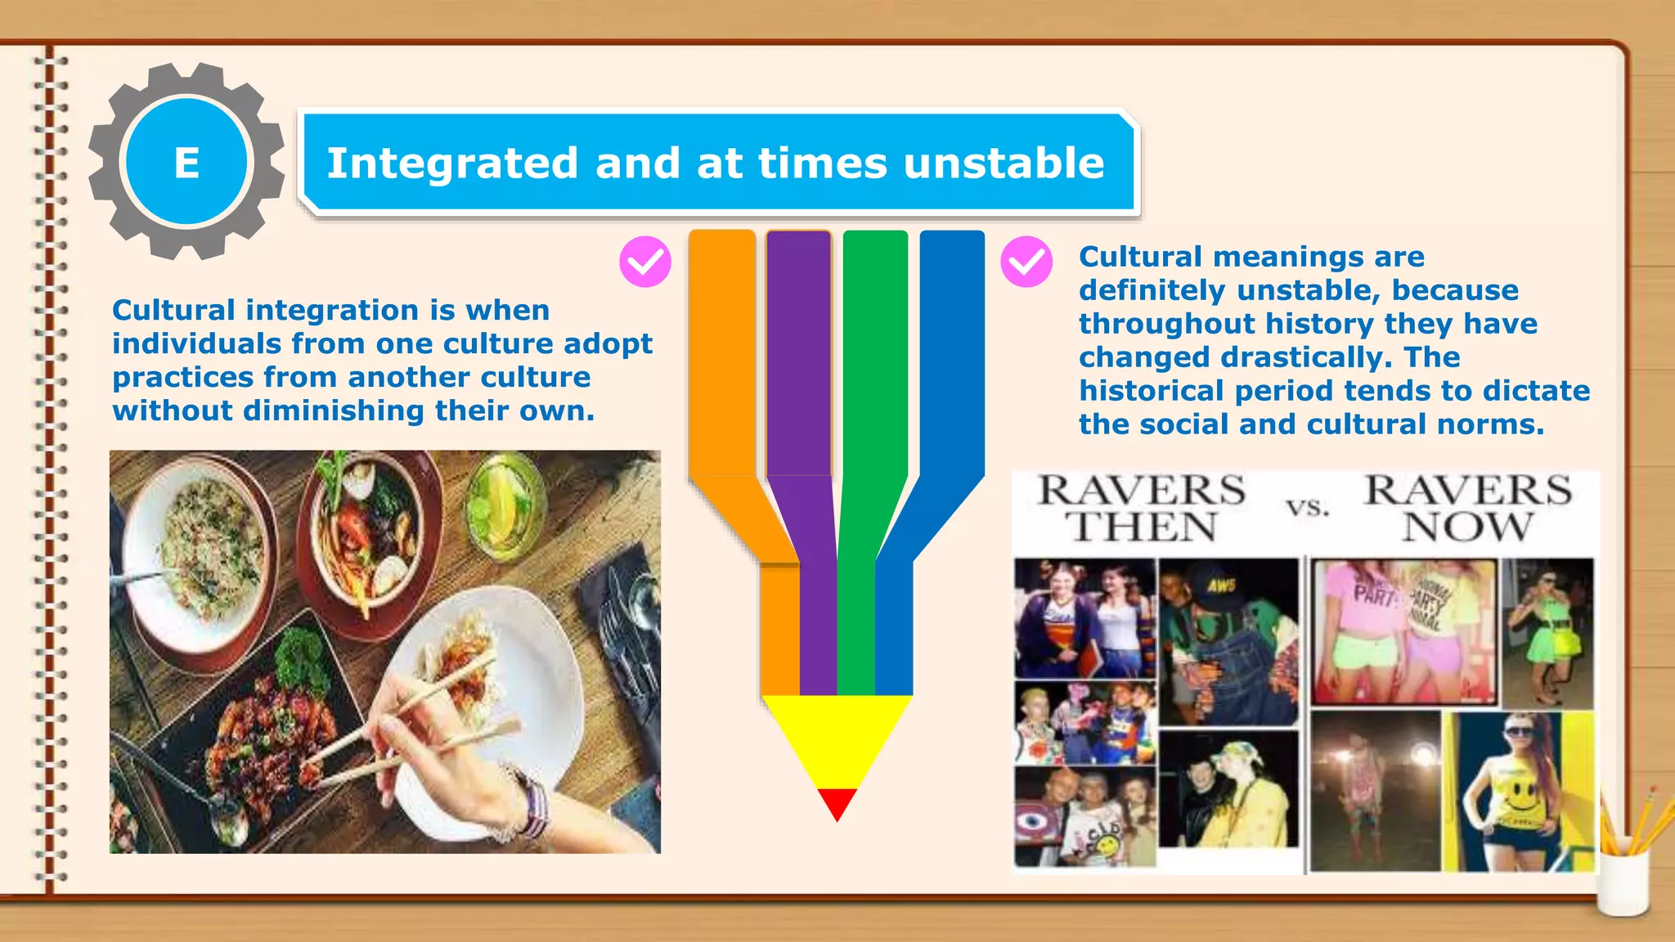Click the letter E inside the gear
(x=186, y=163)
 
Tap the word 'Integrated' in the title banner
(x=452, y=163)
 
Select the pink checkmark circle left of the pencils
(x=645, y=262)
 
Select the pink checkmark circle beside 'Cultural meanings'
(x=1026, y=262)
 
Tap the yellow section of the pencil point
(x=837, y=736)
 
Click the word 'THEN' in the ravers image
(x=1142, y=527)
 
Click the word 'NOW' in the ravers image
(x=1467, y=527)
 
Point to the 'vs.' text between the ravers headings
(x=1308, y=508)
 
